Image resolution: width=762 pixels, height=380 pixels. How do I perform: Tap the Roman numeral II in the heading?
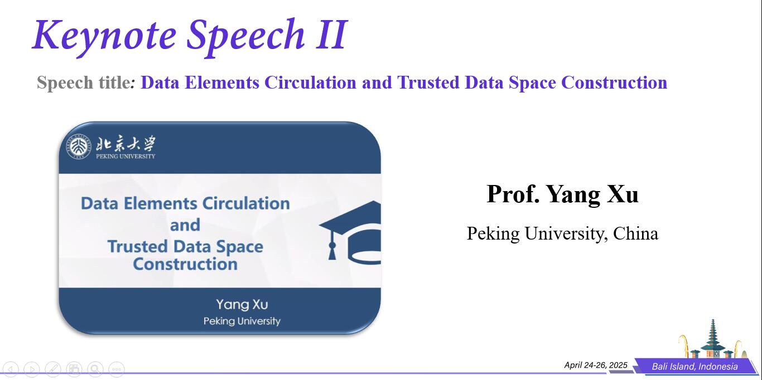(332, 34)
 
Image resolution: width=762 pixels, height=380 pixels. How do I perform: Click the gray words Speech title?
(84, 82)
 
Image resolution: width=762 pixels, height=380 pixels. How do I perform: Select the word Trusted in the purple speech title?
(428, 82)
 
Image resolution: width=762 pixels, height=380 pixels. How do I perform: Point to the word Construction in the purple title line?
(614, 82)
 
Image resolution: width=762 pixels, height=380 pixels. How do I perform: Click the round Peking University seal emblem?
(79, 147)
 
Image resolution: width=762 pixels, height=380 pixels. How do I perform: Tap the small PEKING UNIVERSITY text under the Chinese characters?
(126, 157)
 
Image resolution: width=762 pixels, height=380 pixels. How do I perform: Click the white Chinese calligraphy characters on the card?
(126, 143)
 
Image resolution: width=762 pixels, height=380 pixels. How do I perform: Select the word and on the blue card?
(185, 225)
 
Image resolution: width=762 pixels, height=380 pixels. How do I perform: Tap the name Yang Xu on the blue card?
(242, 305)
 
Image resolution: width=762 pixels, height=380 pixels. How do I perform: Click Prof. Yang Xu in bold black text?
(562, 194)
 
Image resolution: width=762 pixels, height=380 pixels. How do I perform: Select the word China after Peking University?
(635, 233)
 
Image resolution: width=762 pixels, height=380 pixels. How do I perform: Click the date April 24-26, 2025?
(596, 365)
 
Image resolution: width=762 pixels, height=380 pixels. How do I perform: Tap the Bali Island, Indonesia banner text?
(695, 367)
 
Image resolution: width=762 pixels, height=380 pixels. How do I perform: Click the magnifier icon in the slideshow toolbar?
(95, 369)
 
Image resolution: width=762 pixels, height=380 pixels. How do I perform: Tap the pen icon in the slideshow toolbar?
(53, 369)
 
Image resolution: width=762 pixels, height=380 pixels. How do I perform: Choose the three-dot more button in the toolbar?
(117, 369)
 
